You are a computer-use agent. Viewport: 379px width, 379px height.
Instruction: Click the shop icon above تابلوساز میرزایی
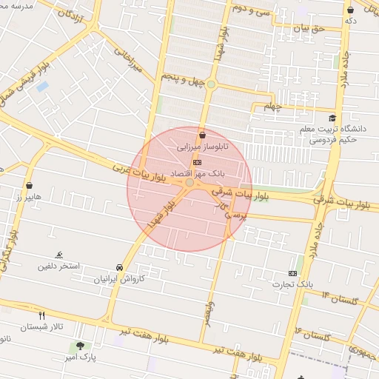pos(202,134)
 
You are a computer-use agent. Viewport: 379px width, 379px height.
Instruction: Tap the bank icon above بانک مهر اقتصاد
pos(197,161)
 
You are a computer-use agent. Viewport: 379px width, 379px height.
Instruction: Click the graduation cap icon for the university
pos(332,118)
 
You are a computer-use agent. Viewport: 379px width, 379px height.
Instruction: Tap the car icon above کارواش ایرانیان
pos(119,267)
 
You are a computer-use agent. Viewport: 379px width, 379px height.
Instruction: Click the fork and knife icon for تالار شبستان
pos(42,315)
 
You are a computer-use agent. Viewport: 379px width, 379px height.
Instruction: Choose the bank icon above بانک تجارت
pos(292,272)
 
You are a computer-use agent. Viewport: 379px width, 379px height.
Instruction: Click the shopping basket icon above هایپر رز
pos(29,186)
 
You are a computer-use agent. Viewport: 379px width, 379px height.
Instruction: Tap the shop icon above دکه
pos(350,10)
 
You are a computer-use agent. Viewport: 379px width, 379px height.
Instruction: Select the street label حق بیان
pos(310,28)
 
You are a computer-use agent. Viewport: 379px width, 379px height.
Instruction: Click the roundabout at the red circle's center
pos(190,182)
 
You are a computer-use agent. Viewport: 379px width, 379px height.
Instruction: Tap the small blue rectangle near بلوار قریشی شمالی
pos(42,86)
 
